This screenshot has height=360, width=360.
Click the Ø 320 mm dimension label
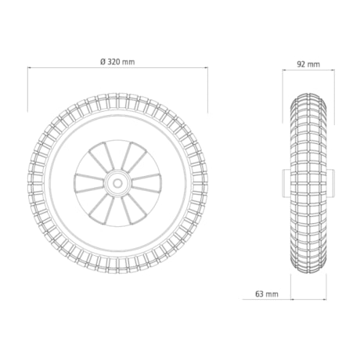tap(117, 60)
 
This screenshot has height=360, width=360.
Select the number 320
tap(116, 60)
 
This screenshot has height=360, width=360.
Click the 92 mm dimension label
tap(308, 64)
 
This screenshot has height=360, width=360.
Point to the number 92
tap(302, 64)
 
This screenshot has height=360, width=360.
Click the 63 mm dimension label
tap(267, 294)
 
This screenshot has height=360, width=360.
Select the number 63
tap(260, 294)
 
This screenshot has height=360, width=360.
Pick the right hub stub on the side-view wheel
tap(332, 182)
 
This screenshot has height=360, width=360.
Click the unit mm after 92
tap(313, 64)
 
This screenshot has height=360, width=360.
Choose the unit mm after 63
tap(272, 294)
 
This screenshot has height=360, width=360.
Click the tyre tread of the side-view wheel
tap(308, 141)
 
